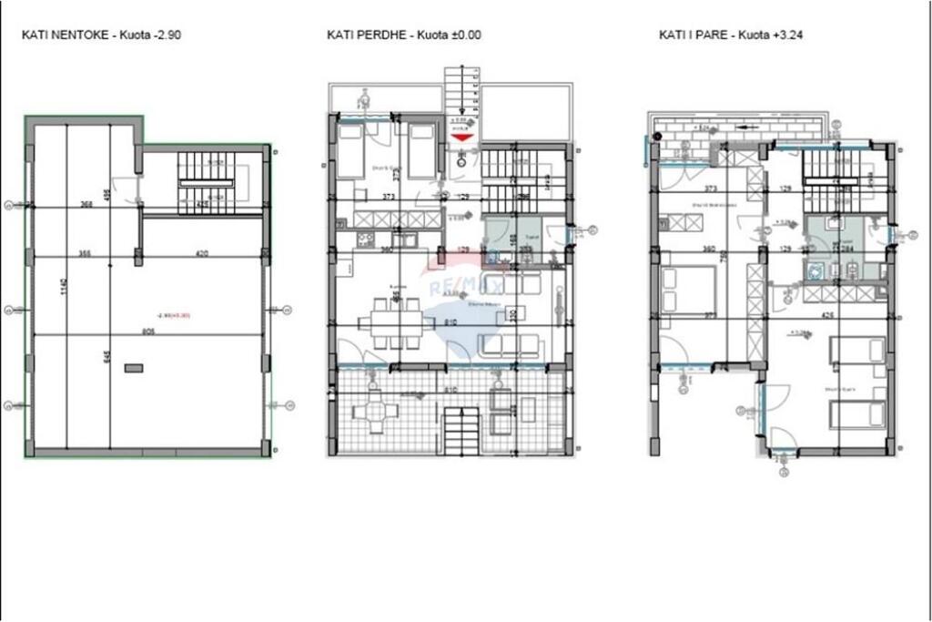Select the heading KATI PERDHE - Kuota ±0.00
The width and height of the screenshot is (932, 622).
(403, 36)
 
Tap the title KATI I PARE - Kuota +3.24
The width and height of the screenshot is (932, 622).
(731, 36)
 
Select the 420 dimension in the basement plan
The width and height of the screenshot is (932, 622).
(202, 253)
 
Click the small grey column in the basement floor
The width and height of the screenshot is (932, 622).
(134, 368)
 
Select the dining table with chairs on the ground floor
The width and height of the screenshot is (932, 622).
(390, 323)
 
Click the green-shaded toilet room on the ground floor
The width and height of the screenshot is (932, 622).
(507, 239)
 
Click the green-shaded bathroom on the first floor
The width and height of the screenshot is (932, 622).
(842, 250)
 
